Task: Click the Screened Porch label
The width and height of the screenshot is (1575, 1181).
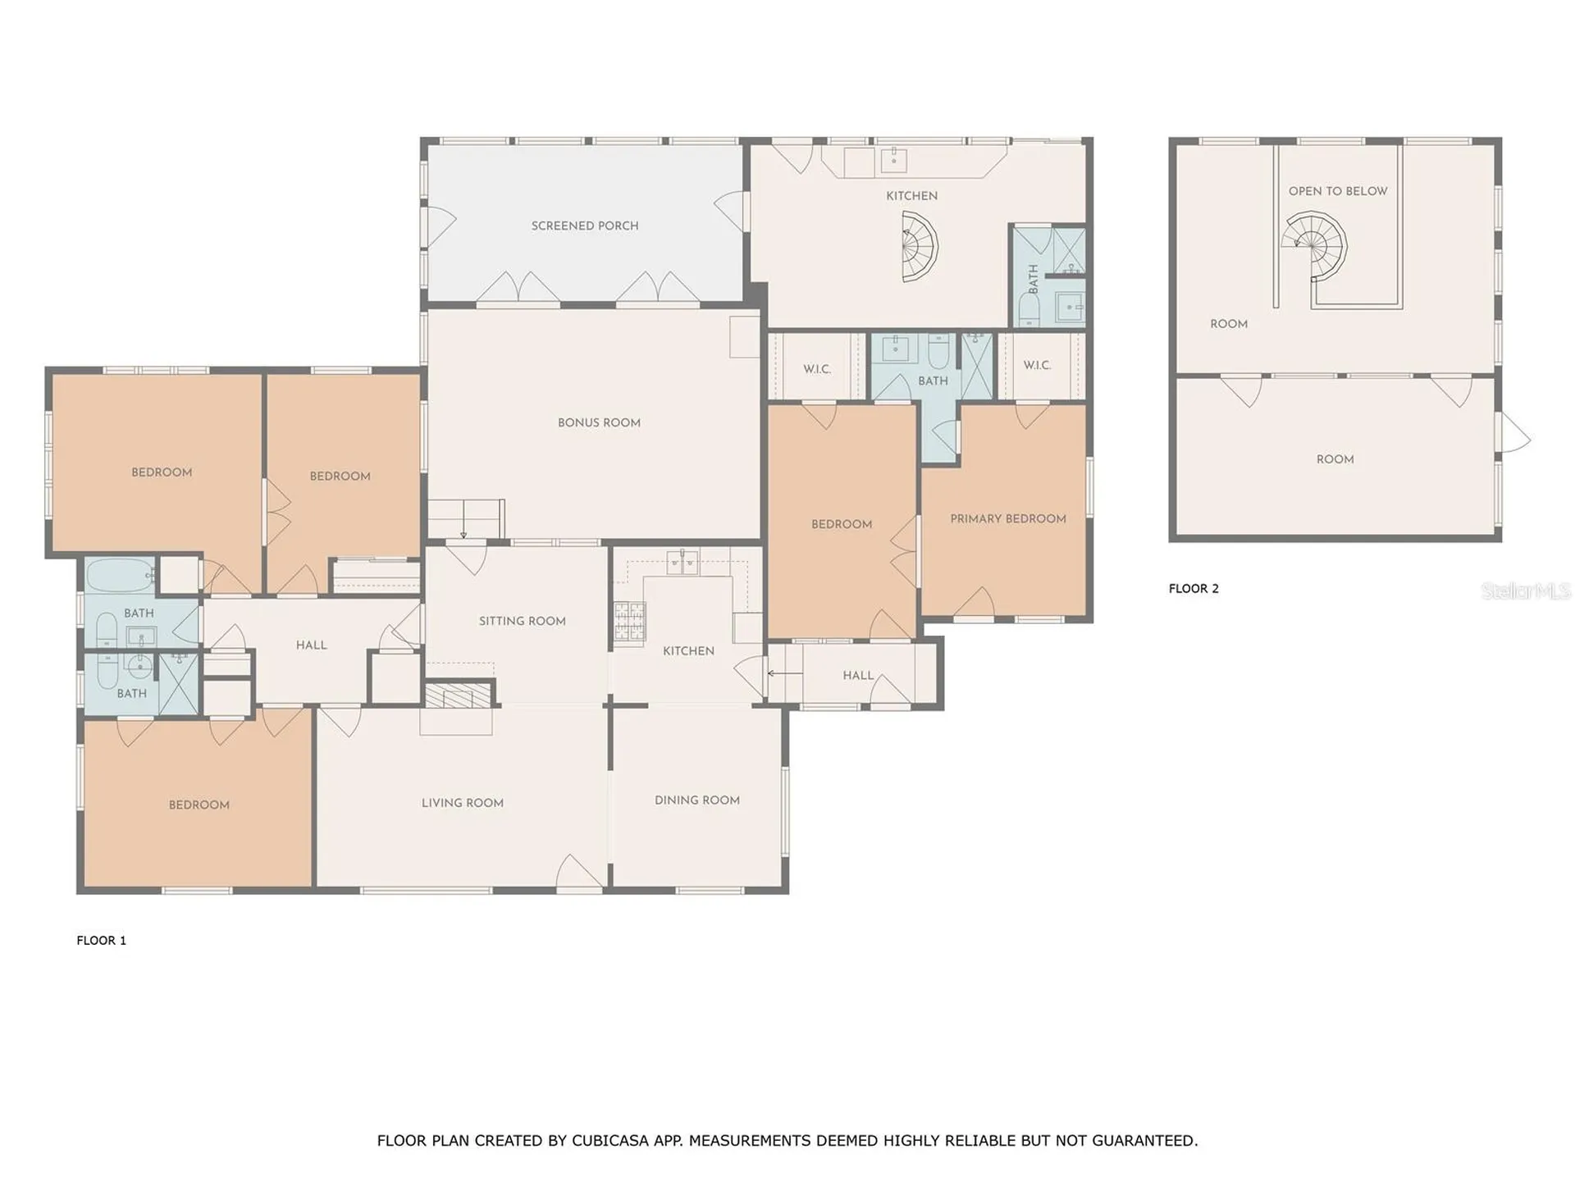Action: click(x=585, y=226)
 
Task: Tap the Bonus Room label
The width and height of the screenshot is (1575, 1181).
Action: click(x=599, y=422)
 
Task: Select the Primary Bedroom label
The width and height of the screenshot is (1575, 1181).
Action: click(x=1008, y=518)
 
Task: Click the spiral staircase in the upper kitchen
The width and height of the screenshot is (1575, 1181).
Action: click(x=919, y=247)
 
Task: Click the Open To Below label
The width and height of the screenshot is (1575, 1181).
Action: click(x=1338, y=191)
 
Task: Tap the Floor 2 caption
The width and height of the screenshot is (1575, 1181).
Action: click(x=1194, y=588)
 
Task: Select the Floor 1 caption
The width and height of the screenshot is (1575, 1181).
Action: click(x=102, y=941)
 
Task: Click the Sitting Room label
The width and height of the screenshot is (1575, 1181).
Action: click(x=523, y=621)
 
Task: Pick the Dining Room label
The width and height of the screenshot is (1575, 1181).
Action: click(x=697, y=800)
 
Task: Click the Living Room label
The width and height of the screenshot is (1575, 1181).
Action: click(x=463, y=803)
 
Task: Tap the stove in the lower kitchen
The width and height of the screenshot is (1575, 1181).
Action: click(x=629, y=621)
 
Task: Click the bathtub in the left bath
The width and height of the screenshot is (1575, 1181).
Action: click(x=120, y=576)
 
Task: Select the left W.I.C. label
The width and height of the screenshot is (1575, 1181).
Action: click(x=817, y=369)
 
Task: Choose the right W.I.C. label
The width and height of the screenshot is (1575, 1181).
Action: click(x=1037, y=365)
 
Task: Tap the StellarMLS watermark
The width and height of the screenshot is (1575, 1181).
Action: click(x=1526, y=590)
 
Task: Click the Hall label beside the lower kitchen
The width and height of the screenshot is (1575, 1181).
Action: click(x=858, y=675)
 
